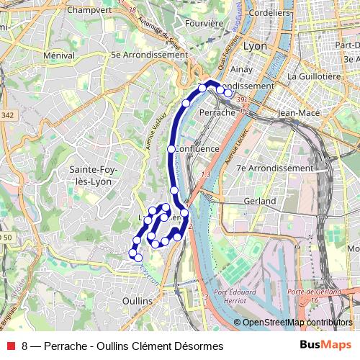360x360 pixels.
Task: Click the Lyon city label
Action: click(x=256, y=45)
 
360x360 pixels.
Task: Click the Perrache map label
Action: click(x=216, y=112)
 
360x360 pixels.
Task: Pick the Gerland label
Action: click(x=260, y=200)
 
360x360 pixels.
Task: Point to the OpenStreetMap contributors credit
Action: click(x=297, y=323)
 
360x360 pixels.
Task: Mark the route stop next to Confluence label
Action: click(x=171, y=149)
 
